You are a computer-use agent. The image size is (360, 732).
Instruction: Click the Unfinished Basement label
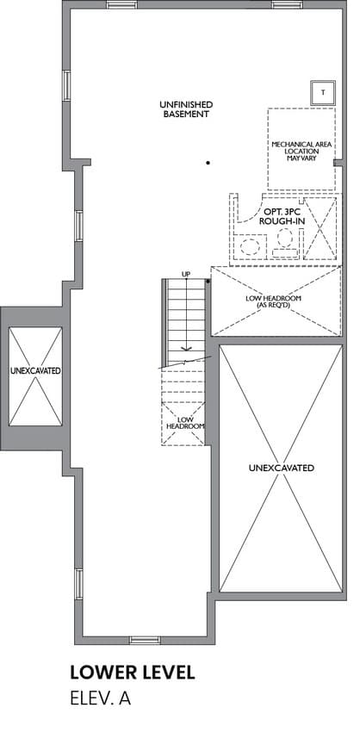[186, 109]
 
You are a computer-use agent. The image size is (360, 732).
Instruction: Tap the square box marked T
[323, 92]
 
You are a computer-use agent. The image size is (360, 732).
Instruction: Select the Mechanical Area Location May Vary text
[301, 152]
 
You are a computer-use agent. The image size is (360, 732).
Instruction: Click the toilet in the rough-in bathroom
[285, 245]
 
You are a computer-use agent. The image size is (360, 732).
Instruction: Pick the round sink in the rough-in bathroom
[250, 246]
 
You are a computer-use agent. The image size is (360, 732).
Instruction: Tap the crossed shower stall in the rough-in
[320, 228]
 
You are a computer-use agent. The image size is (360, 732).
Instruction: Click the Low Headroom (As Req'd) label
[276, 301]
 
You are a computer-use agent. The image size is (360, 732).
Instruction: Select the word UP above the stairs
[186, 274]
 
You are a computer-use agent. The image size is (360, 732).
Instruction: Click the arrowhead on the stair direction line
[186, 348]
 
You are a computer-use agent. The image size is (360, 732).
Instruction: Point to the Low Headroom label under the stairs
[185, 423]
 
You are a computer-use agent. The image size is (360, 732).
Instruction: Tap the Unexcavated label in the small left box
[35, 370]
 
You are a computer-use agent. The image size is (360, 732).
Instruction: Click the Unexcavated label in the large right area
[282, 468]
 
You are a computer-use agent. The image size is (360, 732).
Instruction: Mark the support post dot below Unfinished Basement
[208, 163]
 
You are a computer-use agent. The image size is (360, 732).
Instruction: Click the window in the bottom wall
[145, 640]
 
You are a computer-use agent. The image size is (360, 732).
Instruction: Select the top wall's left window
[121, 4]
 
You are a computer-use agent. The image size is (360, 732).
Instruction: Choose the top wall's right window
[287, 4]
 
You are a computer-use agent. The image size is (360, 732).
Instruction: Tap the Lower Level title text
[133, 673]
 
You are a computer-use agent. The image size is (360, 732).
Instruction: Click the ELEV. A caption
[101, 699]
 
